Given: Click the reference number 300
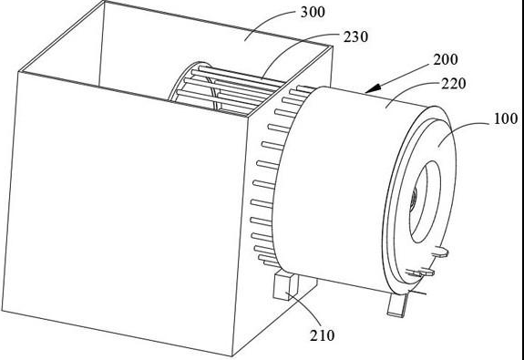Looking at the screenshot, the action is (313, 13).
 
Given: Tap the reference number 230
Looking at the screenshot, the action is (356, 36).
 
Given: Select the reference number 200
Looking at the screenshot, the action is (446, 60).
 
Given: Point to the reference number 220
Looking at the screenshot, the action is (454, 84).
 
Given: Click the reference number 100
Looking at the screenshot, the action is (506, 118).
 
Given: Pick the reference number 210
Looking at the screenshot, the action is (322, 335).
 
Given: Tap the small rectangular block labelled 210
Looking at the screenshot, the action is (285, 286).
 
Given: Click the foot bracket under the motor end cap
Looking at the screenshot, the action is (397, 304).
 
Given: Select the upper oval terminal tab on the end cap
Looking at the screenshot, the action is (440, 252).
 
